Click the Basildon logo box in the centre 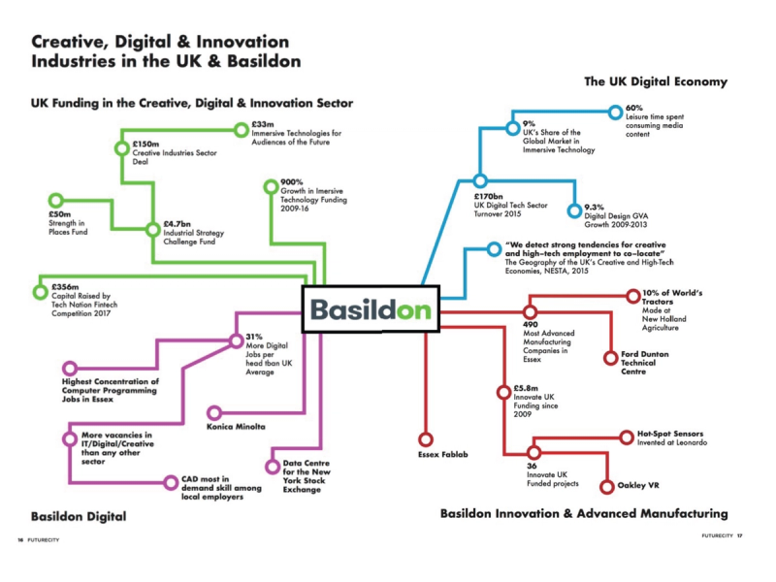(x=371, y=309)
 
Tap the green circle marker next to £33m (x=242, y=128)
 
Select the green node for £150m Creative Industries (x=121, y=148)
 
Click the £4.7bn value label (x=178, y=223)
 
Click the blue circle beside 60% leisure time (x=614, y=113)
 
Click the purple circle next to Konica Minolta (x=214, y=412)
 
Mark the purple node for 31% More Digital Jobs (x=236, y=339)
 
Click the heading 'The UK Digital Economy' (x=655, y=81)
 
